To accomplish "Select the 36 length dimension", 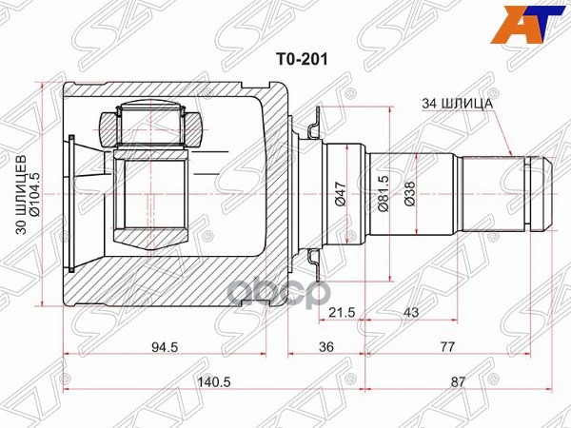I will (x=326, y=347).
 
